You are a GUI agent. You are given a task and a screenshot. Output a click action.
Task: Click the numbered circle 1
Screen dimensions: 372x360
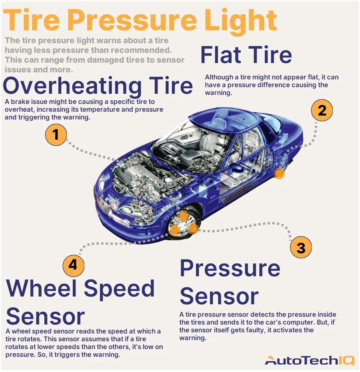(56, 135)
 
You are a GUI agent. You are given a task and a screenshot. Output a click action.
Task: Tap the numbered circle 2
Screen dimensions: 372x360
(322, 111)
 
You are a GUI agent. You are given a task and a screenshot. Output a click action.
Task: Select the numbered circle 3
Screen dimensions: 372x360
(301, 247)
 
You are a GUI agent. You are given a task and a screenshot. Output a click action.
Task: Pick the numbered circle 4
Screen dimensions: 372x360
(73, 265)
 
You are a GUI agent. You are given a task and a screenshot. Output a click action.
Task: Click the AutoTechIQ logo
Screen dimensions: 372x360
(309, 360)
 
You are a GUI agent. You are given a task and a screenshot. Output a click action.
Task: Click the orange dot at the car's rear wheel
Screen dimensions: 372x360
(279, 174)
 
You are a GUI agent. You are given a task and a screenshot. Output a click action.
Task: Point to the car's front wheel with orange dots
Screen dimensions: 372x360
(184, 225)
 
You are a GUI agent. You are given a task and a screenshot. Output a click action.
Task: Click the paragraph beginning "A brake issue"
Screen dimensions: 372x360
(84, 109)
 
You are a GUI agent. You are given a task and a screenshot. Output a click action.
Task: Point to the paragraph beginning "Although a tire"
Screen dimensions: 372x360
(271, 85)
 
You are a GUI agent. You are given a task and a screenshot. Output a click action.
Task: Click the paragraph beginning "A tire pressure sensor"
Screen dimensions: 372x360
(257, 326)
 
